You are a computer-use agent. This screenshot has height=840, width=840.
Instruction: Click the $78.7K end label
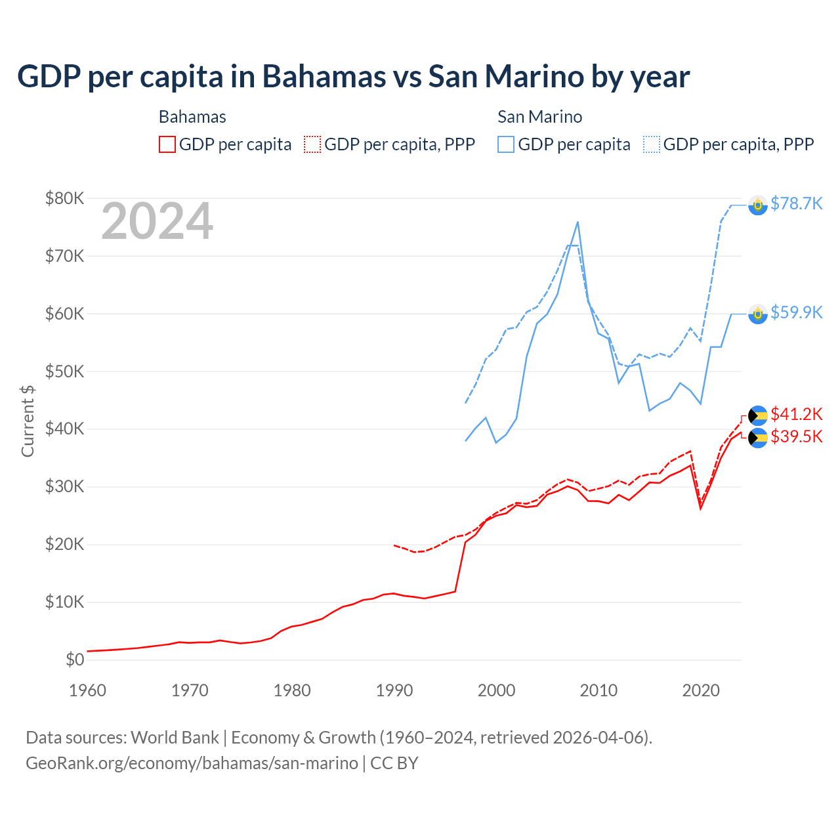point(796,203)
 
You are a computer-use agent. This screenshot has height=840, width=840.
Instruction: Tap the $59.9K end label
point(796,312)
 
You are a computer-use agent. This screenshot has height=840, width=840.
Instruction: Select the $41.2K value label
point(796,414)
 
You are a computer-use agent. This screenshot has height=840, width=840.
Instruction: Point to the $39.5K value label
point(796,436)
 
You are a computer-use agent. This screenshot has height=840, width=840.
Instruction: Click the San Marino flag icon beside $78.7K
point(758,205)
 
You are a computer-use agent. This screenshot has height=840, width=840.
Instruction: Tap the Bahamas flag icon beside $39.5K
point(758,438)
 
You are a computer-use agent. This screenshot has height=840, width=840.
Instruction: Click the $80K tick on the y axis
point(64,198)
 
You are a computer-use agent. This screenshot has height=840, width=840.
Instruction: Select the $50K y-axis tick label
point(64,371)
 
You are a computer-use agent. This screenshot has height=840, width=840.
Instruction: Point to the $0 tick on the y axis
point(75,660)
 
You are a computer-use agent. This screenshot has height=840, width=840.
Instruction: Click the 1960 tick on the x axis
point(87,690)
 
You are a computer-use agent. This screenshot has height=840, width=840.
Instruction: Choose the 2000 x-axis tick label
point(497,690)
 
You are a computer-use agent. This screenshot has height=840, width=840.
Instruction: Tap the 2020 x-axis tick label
point(701,690)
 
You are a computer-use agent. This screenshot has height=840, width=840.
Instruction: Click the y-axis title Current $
point(28,421)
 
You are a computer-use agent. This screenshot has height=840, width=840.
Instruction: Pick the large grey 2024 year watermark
point(157,222)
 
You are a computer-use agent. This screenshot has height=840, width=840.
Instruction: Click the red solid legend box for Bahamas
point(167,144)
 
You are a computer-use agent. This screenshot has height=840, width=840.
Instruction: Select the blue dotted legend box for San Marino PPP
point(652,144)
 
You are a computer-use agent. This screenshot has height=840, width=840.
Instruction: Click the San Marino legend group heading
point(539,117)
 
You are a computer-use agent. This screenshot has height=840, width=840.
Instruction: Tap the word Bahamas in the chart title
point(324,76)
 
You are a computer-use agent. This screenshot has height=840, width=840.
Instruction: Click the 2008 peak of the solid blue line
point(577,222)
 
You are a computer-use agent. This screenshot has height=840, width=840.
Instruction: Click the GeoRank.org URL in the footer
point(192,763)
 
